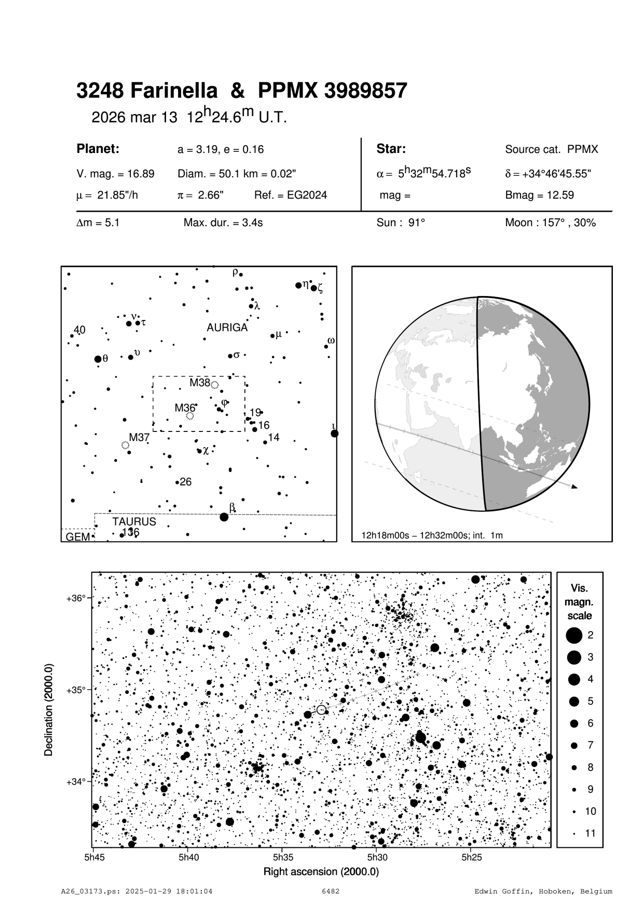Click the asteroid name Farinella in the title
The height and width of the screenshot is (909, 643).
tap(174, 91)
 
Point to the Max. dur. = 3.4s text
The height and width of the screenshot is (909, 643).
tap(223, 223)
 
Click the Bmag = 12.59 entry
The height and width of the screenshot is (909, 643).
tap(539, 195)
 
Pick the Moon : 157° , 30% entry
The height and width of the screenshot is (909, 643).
tap(550, 223)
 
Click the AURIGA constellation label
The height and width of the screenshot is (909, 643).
tap(227, 328)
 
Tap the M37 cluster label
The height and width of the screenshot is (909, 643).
tap(139, 437)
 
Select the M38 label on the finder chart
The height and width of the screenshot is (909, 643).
tap(199, 383)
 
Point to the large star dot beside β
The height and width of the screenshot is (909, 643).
tap(224, 517)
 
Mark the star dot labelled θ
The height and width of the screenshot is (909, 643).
tap(98, 359)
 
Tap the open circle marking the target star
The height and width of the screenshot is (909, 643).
tap(321, 709)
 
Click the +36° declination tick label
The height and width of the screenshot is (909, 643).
tap(76, 598)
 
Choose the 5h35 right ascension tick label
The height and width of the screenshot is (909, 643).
tap(283, 857)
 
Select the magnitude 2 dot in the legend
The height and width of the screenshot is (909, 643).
tap(573, 635)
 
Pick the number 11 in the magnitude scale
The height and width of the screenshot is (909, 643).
tap(590, 833)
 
